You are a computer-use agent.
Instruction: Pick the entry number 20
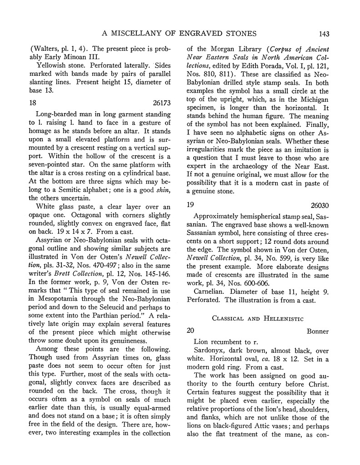(x=193, y=331)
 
